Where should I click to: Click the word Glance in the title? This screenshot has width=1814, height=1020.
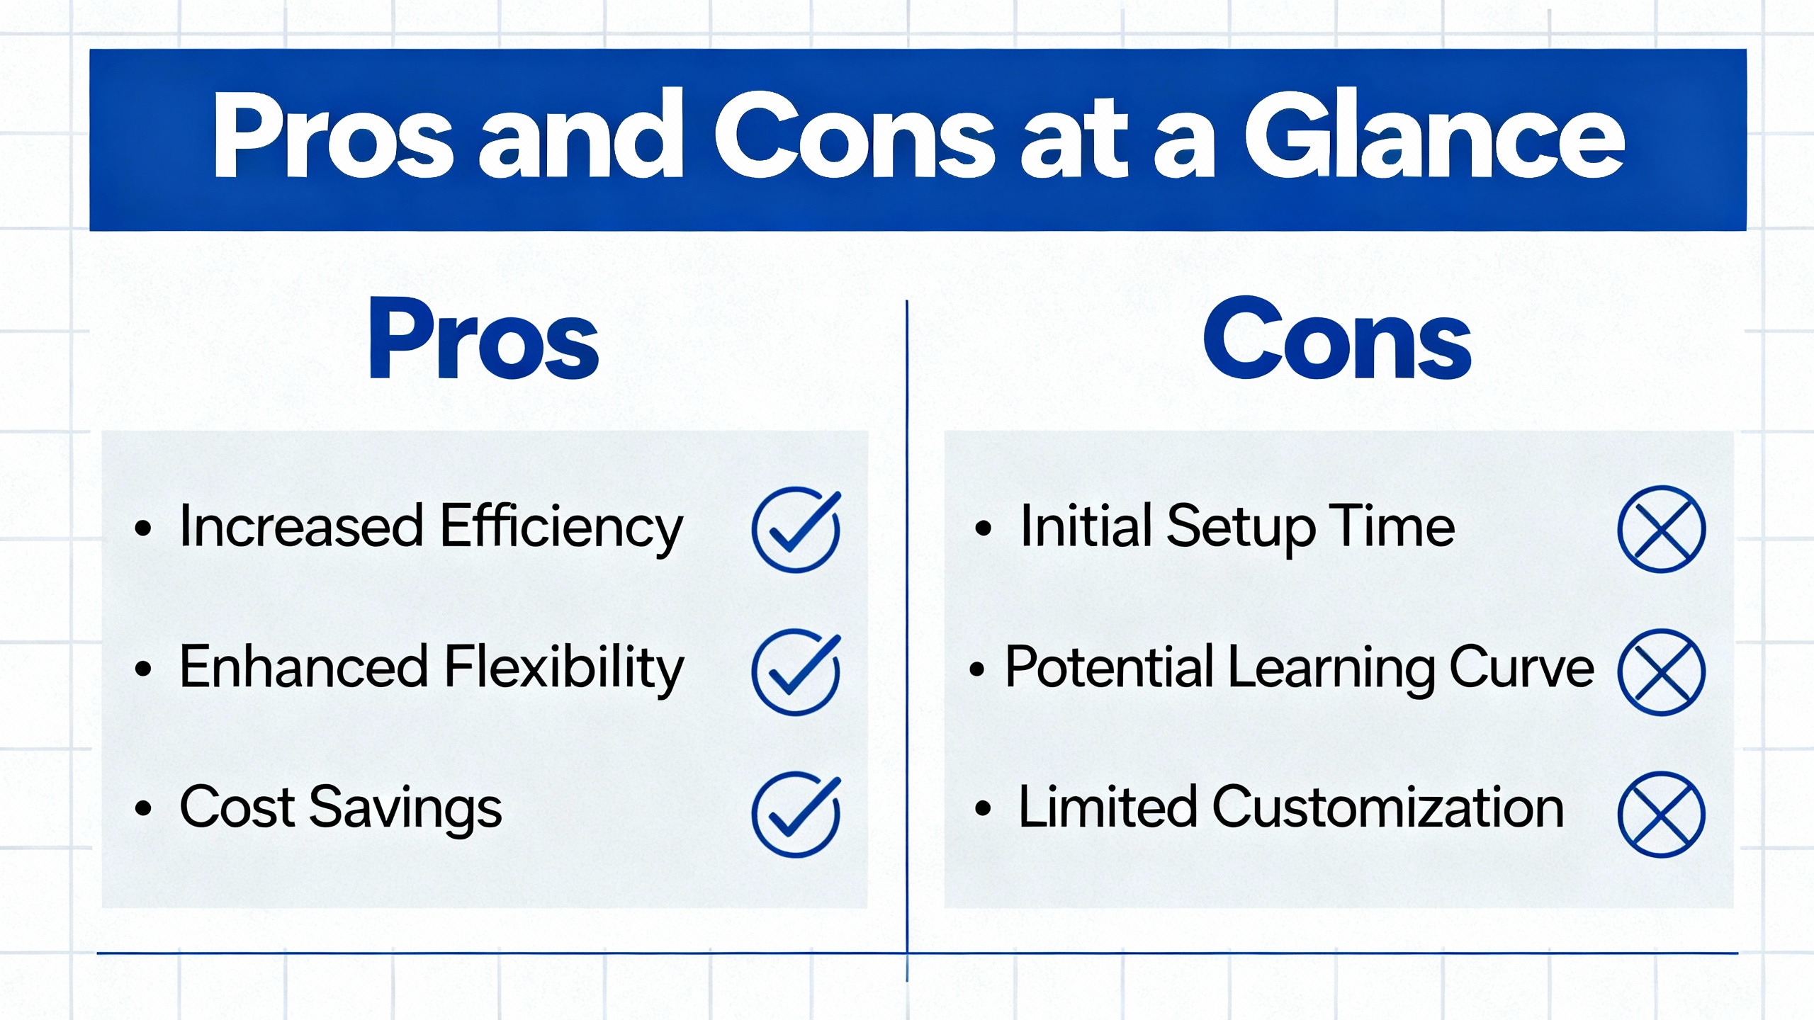click(1434, 135)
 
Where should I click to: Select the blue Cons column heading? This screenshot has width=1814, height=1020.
click(1337, 339)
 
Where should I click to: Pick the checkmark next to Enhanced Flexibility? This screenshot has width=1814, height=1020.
click(796, 671)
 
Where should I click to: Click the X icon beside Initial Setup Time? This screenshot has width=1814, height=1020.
click(1662, 529)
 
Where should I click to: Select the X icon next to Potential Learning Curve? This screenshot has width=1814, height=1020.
click(1662, 671)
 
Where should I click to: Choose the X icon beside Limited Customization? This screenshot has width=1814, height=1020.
click(1662, 815)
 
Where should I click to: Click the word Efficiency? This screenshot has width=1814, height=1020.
click(561, 528)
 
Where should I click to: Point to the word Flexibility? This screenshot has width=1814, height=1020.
click(564, 669)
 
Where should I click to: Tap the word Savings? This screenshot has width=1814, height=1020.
click(405, 809)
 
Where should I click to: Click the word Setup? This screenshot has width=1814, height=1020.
click(1241, 528)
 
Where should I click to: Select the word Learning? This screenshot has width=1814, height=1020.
click(1331, 669)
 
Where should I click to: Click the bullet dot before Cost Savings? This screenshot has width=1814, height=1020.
click(143, 807)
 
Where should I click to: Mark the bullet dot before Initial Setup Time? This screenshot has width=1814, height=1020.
click(983, 528)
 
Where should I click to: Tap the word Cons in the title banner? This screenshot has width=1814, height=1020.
click(855, 135)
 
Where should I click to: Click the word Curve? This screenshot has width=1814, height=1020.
click(1522, 668)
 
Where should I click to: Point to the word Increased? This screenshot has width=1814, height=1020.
click(302, 526)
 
